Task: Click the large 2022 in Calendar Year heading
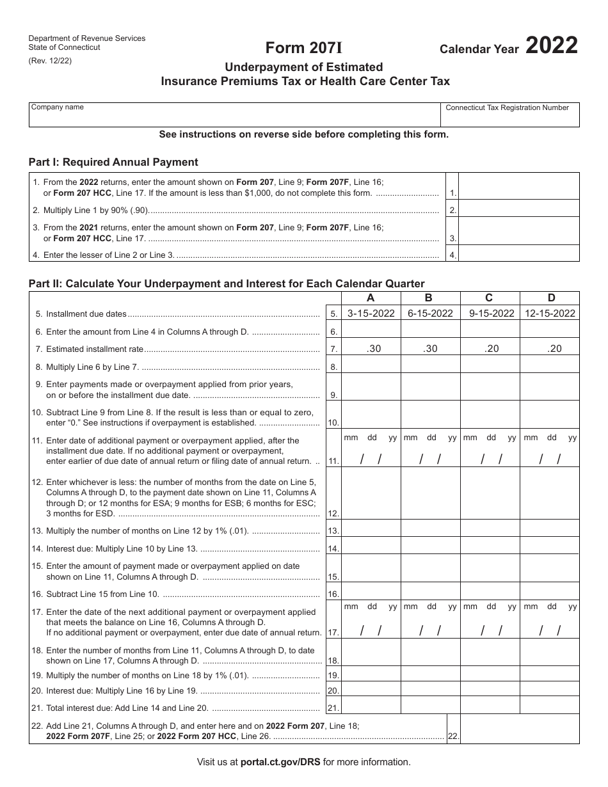click(x=552, y=47)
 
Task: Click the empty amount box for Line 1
click(x=519, y=187)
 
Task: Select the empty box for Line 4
click(x=519, y=254)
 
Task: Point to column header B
click(x=429, y=298)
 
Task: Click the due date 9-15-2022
click(x=491, y=314)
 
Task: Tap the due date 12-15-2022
click(x=550, y=314)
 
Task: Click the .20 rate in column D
click(x=550, y=349)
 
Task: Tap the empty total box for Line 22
click(x=519, y=729)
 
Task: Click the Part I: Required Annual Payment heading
click(x=113, y=163)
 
